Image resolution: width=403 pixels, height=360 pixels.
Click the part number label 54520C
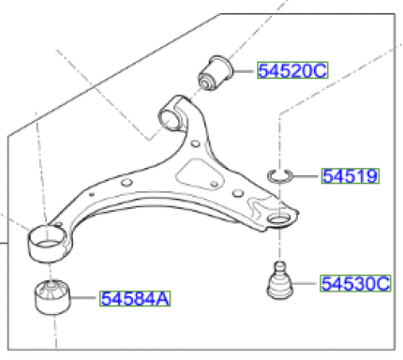[x=292, y=70]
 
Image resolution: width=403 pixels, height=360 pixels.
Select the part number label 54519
[x=351, y=176]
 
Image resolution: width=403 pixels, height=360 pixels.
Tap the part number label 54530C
[x=355, y=283]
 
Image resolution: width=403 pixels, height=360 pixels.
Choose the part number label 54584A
[x=135, y=298]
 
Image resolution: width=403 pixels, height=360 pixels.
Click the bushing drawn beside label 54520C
[x=216, y=73]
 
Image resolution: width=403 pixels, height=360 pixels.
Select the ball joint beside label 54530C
[x=280, y=280]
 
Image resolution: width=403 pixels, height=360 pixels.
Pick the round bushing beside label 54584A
[x=52, y=297]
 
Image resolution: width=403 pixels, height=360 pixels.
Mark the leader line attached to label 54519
[x=307, y=176]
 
